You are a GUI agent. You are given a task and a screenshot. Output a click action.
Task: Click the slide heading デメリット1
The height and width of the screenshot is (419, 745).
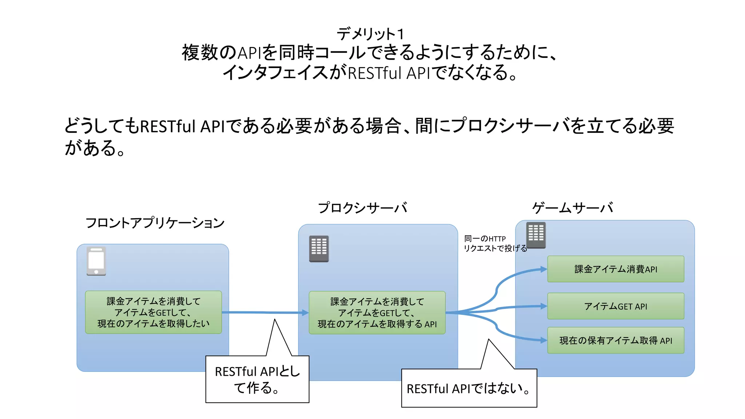370,34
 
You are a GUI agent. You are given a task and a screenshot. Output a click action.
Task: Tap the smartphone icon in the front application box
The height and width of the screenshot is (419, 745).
96,261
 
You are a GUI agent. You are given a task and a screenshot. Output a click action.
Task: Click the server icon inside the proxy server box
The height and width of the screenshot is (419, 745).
319,249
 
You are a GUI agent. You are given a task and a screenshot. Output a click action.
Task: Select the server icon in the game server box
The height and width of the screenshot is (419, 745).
536,235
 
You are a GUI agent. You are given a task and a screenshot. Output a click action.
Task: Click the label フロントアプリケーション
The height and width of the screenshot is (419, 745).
155,223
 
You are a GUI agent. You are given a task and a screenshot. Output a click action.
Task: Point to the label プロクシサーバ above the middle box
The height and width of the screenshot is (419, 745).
362,208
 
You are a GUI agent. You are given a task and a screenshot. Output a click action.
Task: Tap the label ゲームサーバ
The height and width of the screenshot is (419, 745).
573,208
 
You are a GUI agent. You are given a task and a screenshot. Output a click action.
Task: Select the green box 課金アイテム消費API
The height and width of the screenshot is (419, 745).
615,269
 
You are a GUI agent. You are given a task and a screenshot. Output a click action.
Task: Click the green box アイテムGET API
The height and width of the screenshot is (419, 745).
615,306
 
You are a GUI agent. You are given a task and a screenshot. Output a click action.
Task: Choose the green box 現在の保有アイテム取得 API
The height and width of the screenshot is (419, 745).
615,340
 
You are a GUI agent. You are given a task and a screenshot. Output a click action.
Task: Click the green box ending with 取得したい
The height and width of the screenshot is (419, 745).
153,312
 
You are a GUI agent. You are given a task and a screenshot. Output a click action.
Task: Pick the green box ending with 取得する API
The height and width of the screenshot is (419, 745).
377,313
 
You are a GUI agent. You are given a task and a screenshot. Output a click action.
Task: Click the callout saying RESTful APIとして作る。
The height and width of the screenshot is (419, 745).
257,379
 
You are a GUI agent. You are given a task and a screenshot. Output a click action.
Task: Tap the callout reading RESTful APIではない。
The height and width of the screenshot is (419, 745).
469,388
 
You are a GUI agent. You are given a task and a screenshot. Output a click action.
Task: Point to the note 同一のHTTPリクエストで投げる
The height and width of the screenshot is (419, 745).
495,243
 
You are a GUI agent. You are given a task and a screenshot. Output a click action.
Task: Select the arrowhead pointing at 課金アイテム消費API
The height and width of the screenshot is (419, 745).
544,269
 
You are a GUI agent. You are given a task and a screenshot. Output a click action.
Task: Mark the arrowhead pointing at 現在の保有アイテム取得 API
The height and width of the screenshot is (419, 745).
544,340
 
